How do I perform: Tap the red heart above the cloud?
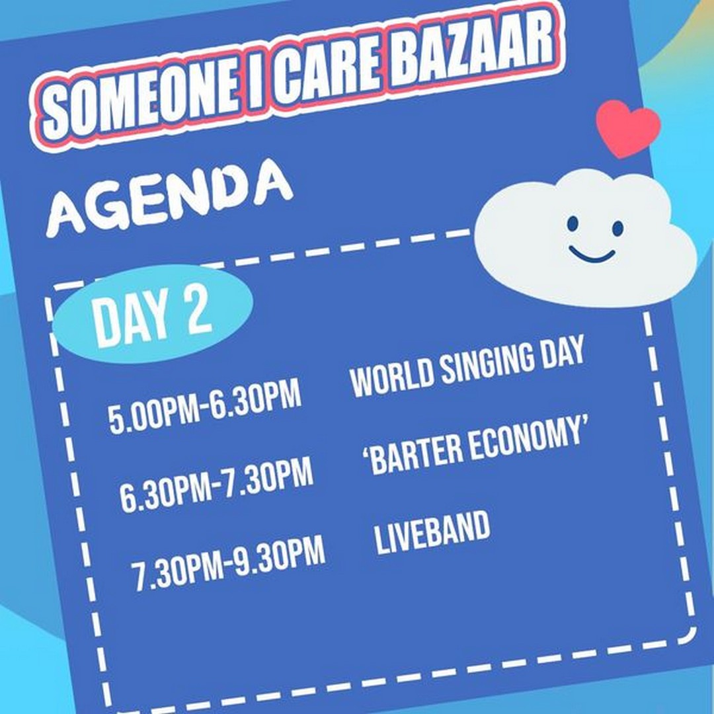pos(628,128)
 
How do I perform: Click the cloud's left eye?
pos(573,223)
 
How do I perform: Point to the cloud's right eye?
pos(617,228)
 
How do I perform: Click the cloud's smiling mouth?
pos(592,256)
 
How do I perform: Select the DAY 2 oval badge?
pos(153,314)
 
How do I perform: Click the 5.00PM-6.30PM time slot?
pos(205,407)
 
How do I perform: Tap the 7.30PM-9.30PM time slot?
pos(228,563)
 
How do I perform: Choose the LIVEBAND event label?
pos(432,532)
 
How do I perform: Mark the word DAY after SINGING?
pos(560,354)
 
